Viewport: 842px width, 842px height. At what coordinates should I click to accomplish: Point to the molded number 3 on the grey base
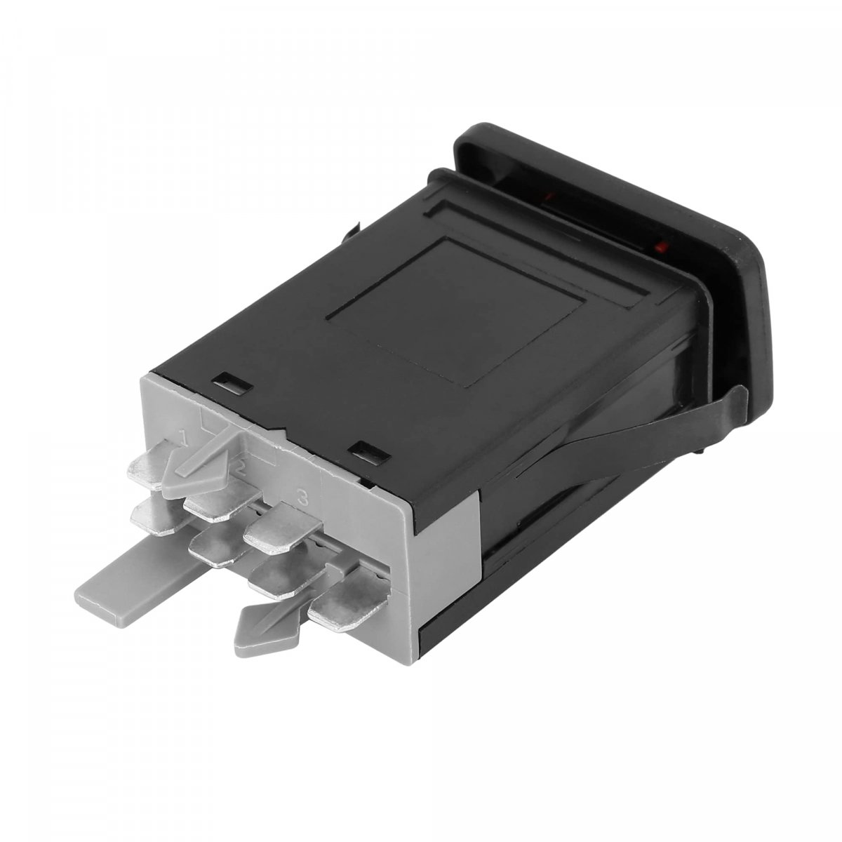tap(302, 498)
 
